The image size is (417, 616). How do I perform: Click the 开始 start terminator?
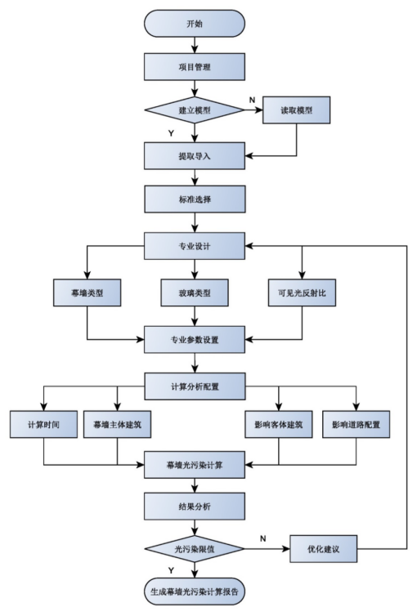coord(195,24)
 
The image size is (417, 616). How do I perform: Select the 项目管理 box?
coord(195,67)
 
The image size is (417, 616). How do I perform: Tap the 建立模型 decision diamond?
coord(195,110)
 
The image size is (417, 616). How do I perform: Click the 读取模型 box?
coord(296,110)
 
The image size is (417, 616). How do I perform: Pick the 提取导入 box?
coord(195,156)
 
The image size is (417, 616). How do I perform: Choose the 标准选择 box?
coord(195,199)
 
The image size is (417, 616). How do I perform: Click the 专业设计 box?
coord(195,246)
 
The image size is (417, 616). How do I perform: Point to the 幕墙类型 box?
coord(87,292)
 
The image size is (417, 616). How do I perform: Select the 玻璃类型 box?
coord(195,292)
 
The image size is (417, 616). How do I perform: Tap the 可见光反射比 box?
coord(302,292)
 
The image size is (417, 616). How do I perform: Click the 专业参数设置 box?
coord(195,339)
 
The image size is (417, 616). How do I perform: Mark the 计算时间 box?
coord(43,424)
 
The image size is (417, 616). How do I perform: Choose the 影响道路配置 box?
coord(356,424)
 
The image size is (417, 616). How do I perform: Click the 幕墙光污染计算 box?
coord(195,465)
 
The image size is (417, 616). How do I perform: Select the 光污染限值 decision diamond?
coord(195,549)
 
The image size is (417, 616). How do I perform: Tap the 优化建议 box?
coord(324,549)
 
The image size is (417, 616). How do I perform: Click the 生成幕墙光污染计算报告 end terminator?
coord(195,591)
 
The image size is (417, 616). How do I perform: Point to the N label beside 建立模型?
coord(253,100)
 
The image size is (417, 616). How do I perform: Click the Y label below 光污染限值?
coord(171,570)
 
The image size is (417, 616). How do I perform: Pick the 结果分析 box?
coord(195,507)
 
